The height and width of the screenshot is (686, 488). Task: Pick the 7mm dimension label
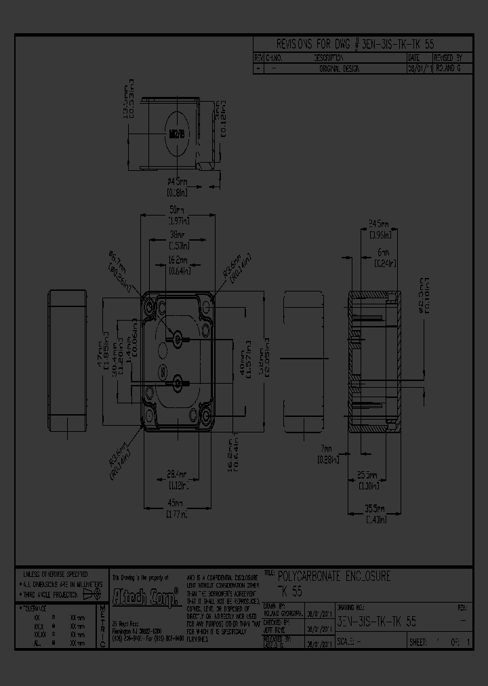pos(327,449)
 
